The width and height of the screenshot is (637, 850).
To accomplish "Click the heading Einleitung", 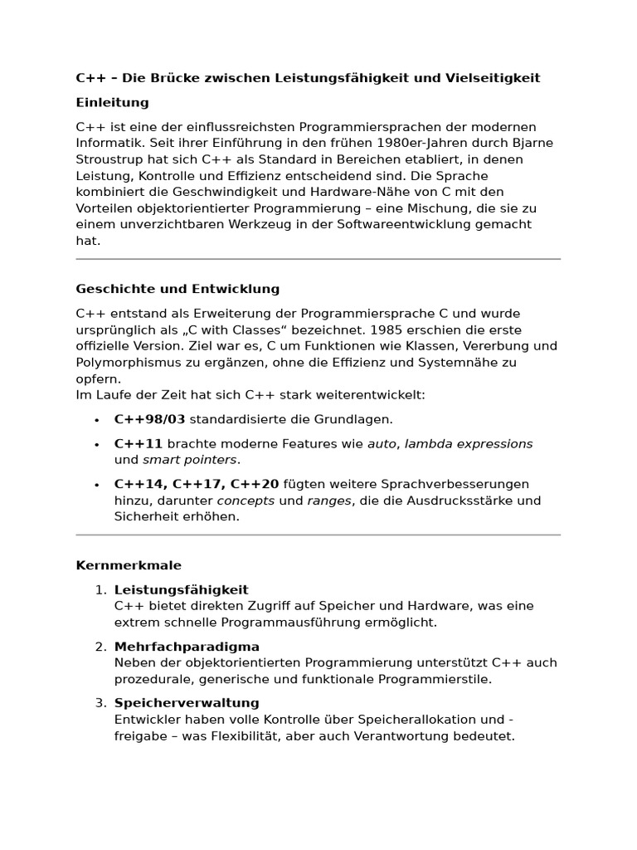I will point(112,103).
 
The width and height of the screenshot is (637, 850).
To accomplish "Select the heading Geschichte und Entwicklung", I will point(177,290).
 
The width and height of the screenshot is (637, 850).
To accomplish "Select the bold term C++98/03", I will point(149,420).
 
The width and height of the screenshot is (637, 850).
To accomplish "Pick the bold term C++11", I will point(139,444).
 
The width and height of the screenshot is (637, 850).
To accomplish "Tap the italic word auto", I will point(382,444).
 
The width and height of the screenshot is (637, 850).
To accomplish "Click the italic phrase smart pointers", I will point(190,460).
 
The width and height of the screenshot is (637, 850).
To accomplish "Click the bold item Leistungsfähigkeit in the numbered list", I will point(181,590).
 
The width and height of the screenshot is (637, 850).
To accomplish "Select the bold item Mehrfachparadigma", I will point(187,647).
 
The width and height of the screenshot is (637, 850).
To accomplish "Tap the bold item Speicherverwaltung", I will point(187,703).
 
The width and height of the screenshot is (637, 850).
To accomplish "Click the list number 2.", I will point(100,647).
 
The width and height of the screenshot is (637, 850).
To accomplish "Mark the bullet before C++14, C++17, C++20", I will point(97,485).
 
